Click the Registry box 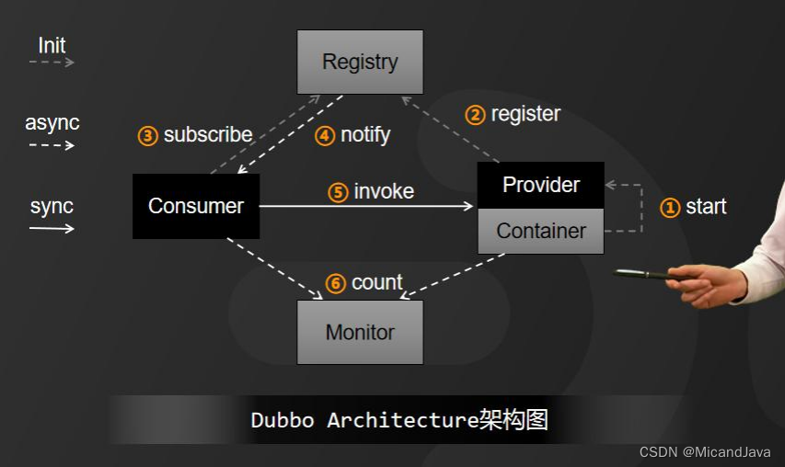[360, 63]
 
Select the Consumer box [196, 207]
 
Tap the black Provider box [541, 185]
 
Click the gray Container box [541, 232]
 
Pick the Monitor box [360, 332]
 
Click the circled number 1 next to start [670, 208]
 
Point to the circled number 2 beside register [475, 115]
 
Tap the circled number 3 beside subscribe [148, 136]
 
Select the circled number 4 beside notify [325, 136]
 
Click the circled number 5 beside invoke [339, 192]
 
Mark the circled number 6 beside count [336, 284]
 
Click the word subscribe [208, 135]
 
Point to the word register [525, 114]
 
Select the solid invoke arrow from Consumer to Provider [368, 207]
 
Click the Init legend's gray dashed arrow [52, 63]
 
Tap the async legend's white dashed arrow [52, 145]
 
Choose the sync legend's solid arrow [52, 228]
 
